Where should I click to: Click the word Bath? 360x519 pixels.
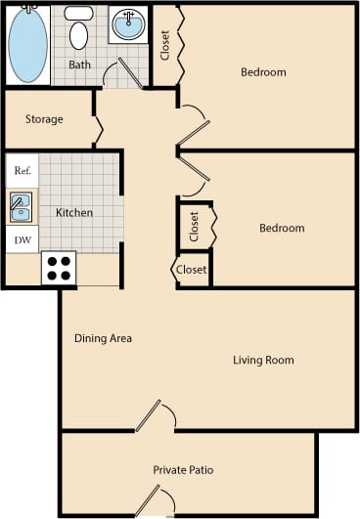(80, 65)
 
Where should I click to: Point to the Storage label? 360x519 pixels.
(43, 119)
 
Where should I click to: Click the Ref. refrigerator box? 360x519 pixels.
(22, 170)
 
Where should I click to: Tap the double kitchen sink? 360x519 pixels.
(21, 207)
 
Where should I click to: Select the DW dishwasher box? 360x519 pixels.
(21, 238)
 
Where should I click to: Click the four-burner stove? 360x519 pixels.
(59, 268)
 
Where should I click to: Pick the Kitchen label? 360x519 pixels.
(74, 212)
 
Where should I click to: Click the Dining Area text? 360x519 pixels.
(103, 338)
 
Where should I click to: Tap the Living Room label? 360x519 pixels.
(263, 360)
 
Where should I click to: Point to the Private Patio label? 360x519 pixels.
(183, 470)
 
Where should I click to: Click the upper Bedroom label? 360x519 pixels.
(263, 72)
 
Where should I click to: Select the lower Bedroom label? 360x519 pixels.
(281, 228)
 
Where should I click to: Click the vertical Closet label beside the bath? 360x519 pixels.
(165, 45)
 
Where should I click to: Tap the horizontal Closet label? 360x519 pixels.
(192, 270)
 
